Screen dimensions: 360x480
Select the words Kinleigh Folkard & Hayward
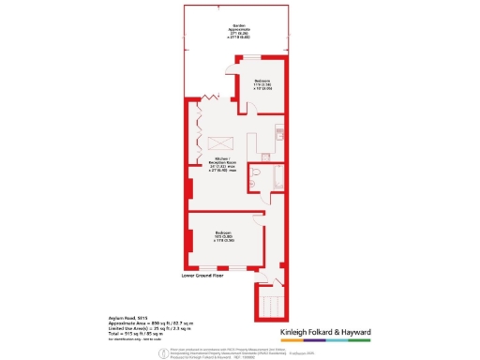click(326, 332)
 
